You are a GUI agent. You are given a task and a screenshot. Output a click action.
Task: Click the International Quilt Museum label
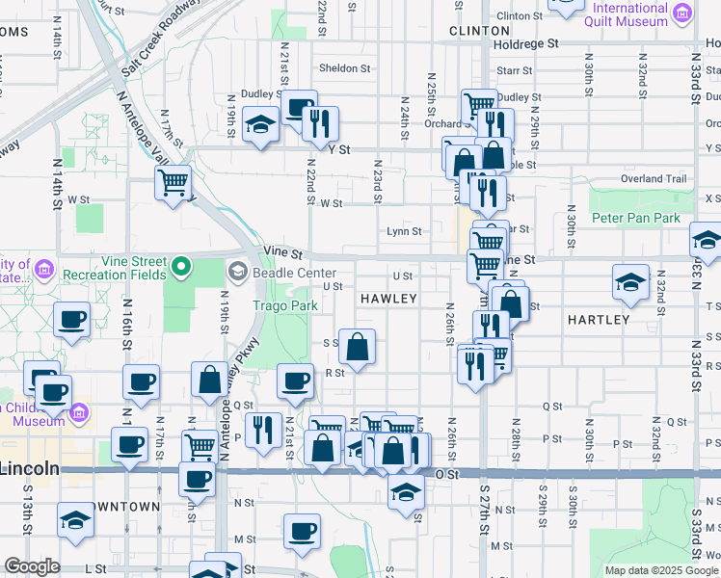[618, 14]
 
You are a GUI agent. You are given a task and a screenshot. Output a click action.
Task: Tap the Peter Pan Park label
[635, 219]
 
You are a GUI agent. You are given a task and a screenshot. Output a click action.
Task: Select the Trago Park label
[284, 305]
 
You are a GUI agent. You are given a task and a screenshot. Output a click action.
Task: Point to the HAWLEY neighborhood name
[388, 300]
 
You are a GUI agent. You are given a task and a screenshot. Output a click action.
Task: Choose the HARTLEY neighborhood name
[598, 319]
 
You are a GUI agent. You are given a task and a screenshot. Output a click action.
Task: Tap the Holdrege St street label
[525, 44]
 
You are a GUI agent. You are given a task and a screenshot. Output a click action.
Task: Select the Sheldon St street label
[344, 68]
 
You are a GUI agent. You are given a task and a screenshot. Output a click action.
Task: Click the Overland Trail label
[654, 178]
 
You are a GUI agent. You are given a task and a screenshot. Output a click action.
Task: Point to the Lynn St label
[404, 231]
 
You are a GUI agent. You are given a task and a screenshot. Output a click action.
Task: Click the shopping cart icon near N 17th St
[173, 181]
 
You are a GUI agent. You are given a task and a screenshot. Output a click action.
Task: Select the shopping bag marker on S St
[357, 348]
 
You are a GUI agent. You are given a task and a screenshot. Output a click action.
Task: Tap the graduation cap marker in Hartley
[630, 281]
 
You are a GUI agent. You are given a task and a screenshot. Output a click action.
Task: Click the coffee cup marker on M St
[302, 531]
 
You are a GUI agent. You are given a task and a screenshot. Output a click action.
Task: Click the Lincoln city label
[29, 468]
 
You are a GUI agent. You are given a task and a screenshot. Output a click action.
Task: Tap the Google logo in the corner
[32, 567]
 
